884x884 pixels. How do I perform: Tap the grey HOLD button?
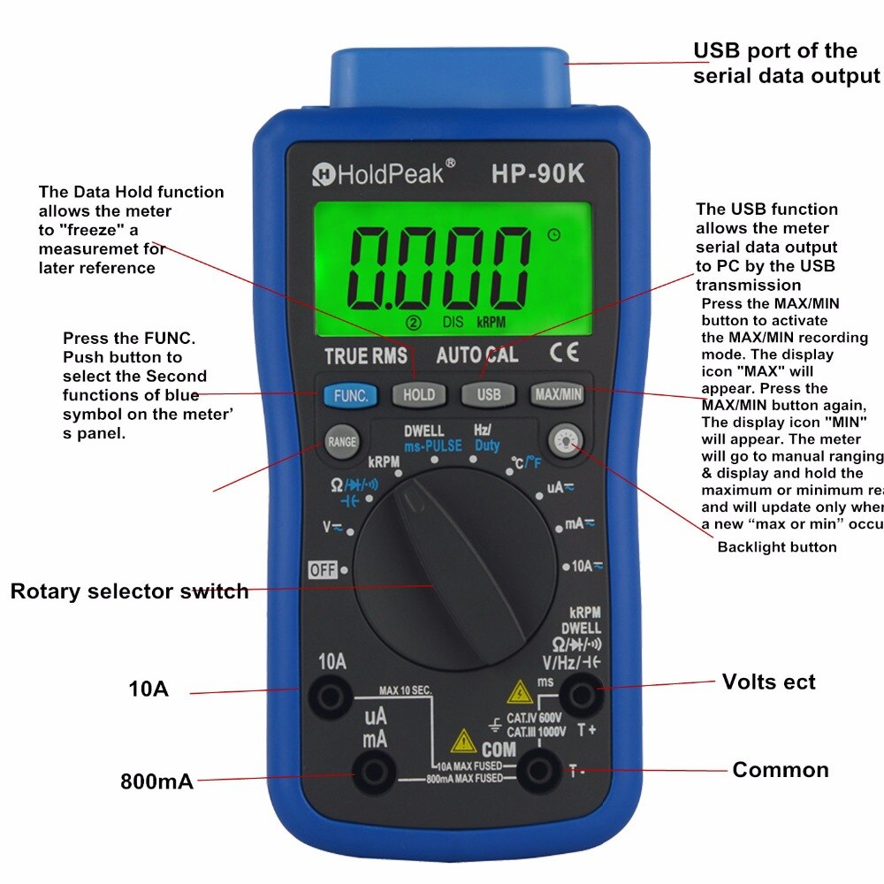[419, 395]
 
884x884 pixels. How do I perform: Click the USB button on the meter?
[489, 395]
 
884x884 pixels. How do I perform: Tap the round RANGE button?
[342, 442]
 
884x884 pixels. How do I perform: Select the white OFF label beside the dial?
[323, 570]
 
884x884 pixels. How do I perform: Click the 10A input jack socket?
[331, 698]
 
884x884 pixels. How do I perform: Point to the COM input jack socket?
[537, 772]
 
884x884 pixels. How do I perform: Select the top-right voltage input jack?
[581, 696]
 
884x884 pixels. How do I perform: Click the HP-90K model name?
[537, 174]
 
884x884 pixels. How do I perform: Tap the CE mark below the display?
[564, 354]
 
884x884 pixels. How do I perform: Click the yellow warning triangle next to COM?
[463, 741]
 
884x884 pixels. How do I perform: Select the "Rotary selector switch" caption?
[129, 591]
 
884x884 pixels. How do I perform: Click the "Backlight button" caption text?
[776, 547]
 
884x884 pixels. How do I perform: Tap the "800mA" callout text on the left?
[156, 781]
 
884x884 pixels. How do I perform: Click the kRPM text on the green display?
[492, 323]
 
